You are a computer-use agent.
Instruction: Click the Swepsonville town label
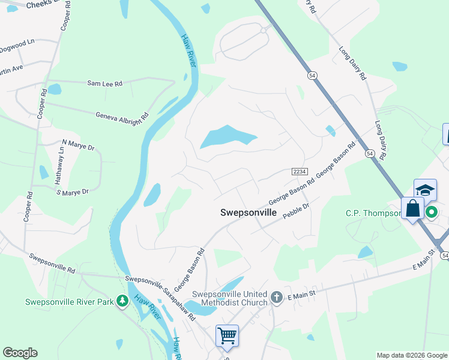[249, 212]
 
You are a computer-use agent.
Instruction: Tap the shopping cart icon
[227, 335]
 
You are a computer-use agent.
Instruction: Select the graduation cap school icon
[425, 190]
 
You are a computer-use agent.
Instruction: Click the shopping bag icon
[412, 209]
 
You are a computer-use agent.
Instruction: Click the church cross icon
[276, 297]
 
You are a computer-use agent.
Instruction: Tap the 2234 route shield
[300, 172]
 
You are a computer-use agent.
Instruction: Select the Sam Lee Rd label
[104, 84]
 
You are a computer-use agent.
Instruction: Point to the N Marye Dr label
[78, 146]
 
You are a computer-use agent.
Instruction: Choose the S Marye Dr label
[73, 192]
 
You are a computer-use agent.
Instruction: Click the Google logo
[20, 353]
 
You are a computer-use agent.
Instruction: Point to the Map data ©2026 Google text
[411, 355]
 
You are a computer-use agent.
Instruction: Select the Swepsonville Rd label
[53, 262]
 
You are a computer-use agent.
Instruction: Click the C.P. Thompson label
[373, 213]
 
